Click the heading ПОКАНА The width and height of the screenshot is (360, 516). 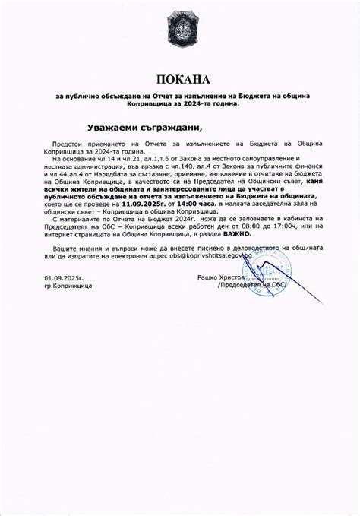pyautogui.click(x=180, y=79)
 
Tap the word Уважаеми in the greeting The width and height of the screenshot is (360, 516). pyautogui.click(x=113, y=127)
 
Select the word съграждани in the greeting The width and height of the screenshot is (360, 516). pyautogui.click(x=175, y=127)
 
